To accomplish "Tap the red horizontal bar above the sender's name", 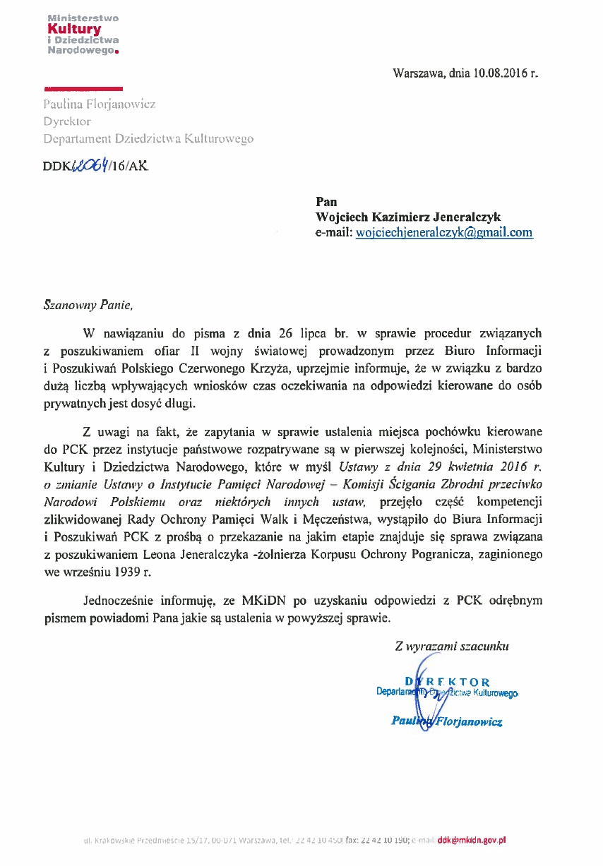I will (x=83, y=89).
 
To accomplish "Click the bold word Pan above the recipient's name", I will (x=326, y=202).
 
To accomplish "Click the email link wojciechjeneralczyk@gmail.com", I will (x=444, y=233).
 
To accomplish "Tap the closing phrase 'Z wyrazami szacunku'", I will (x=452, y=644).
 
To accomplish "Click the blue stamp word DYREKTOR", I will (x=447, y=682).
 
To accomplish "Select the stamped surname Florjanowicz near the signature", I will (x=468, y=721).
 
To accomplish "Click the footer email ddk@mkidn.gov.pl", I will (x=472, y=840).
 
